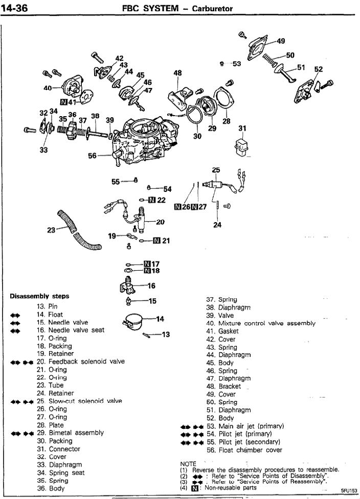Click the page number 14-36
15,8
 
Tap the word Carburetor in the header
212,9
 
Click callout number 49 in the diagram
281,41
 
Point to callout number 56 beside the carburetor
92,156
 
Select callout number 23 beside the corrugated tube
51,230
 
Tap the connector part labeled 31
242,147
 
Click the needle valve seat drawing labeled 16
127,285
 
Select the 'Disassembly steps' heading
39,296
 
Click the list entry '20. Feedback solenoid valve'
81,361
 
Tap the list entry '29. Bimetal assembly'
70,433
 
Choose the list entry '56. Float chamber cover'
244,450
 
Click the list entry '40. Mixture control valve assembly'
261,323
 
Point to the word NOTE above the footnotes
188,464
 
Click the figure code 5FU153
349,491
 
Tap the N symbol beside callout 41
63,102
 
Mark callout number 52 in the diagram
318,69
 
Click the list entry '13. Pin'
47,307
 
